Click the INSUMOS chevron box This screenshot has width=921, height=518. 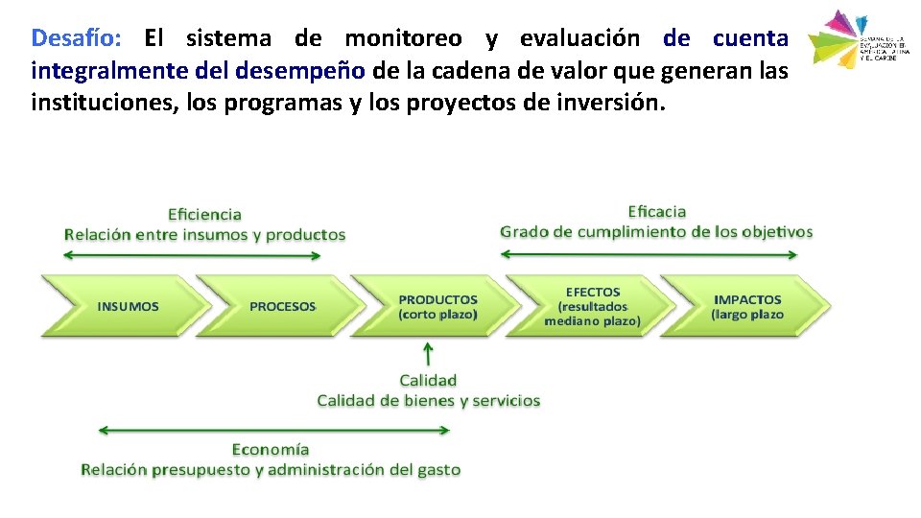(125, 306)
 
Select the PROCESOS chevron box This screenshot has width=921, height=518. (280, 306)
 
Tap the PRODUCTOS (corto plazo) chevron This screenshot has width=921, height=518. (437, 306)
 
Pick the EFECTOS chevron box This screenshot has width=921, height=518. (591, 306)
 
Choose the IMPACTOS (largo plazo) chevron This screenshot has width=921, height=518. (746, 306)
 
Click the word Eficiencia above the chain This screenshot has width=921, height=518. (204, 214)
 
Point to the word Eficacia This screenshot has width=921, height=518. (657, 211)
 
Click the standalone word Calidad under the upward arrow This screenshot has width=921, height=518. (428, 380)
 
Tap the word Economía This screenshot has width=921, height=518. (271, 449)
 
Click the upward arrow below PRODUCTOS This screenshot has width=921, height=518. (428, 354)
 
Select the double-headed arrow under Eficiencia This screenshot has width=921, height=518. (203, 254)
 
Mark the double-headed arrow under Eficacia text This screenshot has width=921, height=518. (649, 254)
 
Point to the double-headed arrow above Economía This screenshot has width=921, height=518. (274, 431)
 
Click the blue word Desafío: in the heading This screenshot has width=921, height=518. (76, 38)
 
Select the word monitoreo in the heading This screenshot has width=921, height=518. (403, 38)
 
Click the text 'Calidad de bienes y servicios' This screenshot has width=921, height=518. (429, 400)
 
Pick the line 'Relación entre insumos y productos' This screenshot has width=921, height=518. (204, 234)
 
